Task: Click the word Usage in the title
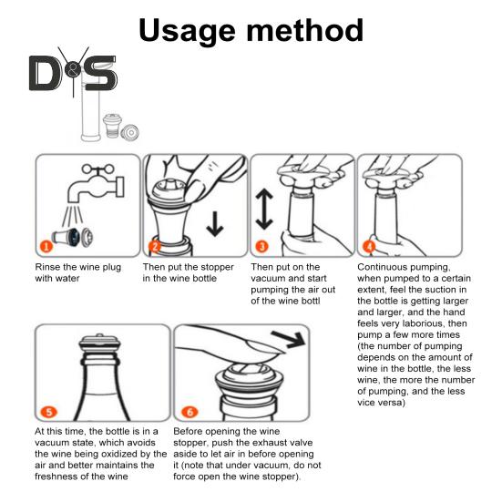(x=188, y=31)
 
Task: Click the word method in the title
(x=305, y=29)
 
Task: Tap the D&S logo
(x=73, y=73)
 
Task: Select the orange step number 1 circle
(x=46, y=247)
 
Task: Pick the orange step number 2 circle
(x=155, y=247)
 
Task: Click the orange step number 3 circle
(x=262, y=247)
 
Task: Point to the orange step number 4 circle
(x=369, y=247)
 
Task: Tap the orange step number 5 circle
(x=49, y=412)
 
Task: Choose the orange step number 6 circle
(x=190, y=412)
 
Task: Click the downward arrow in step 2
(x=215, y=223)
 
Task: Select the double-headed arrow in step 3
(x=264, y=209)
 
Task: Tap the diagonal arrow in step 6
(x=289, y=339)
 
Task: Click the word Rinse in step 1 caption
(x=46, y=267)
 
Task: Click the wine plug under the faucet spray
(x=72, y=237)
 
